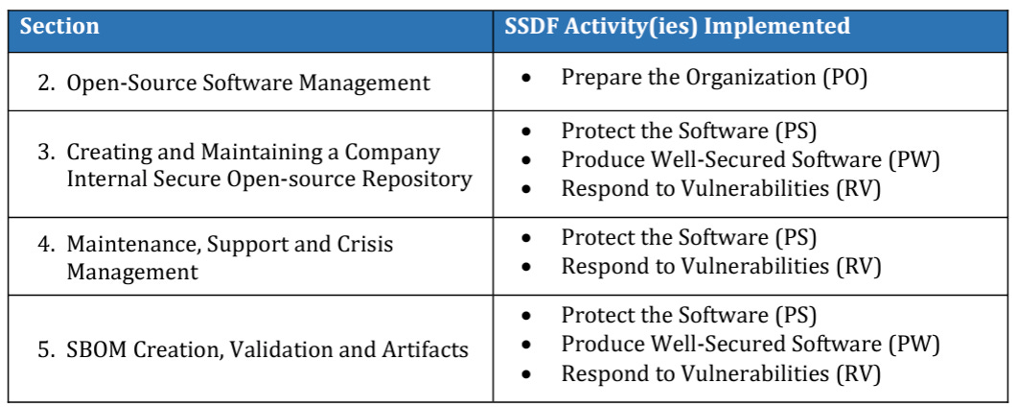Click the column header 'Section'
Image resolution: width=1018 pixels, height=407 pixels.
point(59,27)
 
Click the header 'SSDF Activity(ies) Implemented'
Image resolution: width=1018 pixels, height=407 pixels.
point(677,27)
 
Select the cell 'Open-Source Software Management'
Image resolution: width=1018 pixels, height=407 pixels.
point(248,83)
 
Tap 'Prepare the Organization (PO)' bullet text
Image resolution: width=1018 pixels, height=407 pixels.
point(714,77)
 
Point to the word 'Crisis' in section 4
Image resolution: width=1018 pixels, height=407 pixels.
point(364,245)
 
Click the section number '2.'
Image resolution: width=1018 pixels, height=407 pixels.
point(47,83)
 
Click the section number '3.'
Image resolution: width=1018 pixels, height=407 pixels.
point(47,152)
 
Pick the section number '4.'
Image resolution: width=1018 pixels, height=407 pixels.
point(47,245)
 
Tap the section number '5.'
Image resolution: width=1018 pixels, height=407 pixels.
point(47,349)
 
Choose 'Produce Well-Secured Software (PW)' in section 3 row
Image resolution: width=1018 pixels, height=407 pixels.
point(751,160)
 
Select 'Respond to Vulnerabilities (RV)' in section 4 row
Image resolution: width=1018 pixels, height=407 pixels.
point(721,266)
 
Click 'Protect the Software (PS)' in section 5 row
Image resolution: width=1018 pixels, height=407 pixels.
point(688,316)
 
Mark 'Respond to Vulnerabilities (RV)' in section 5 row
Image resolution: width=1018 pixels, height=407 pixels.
point(721,373)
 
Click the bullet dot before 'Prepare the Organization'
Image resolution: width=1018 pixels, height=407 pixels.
point(526,78)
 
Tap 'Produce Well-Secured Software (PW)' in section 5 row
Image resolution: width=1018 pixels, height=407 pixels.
point(751,345)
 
